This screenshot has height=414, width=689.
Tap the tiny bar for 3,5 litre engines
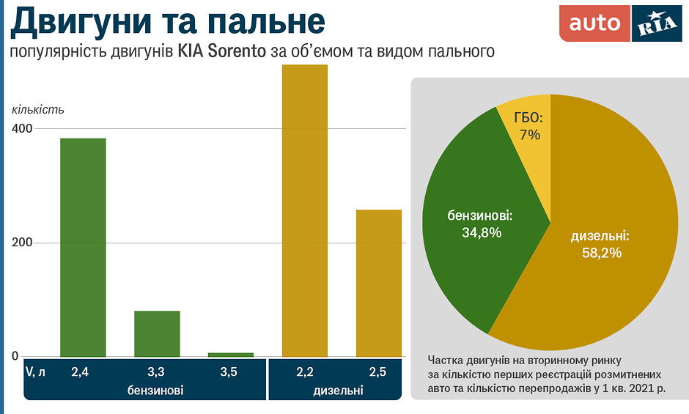[x=231, y=355]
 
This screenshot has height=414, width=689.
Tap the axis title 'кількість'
[x=38, y=110]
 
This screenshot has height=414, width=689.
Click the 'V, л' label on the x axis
[x=36, y=372]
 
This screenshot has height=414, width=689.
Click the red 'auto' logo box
[x=594, y=23]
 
